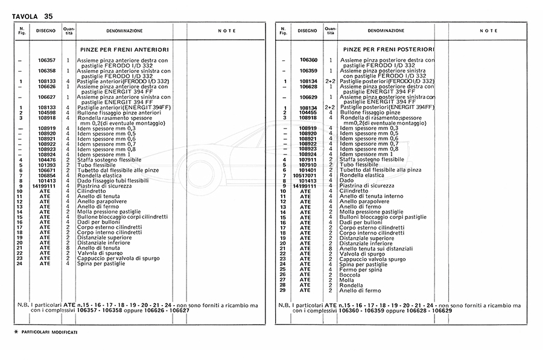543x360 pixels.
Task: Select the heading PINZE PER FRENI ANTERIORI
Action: pos(124,49)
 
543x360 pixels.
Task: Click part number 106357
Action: pos(46,60)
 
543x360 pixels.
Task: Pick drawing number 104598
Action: pos(46,112)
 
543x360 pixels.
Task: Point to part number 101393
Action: pos(46,165)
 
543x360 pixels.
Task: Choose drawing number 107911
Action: pos(308,160)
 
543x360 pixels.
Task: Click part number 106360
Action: pos(308,60)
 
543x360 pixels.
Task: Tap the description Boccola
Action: pos(350,274)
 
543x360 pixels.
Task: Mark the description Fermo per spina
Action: pos(360,269)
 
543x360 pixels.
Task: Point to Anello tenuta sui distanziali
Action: pos(376,248)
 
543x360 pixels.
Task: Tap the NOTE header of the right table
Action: pos(489,30)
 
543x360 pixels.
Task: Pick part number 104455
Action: pos(308,112)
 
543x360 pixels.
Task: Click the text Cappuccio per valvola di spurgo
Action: pos(118,258)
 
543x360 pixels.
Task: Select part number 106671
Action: pos(46,170)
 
